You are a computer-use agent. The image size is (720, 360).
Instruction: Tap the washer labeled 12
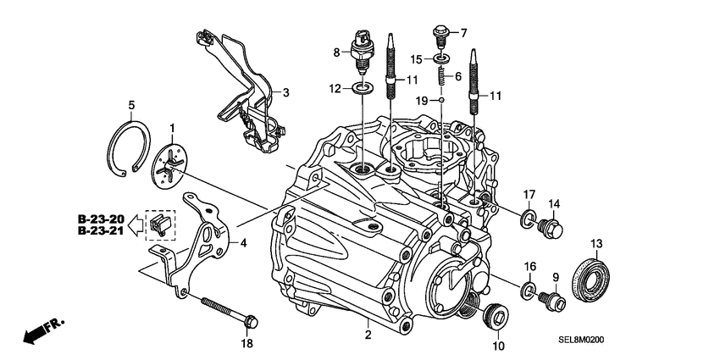click(x=363, y=88)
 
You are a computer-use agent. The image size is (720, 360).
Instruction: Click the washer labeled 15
click(x=440, y=58)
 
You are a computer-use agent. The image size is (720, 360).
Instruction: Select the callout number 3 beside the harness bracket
click(x=285, y=92)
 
